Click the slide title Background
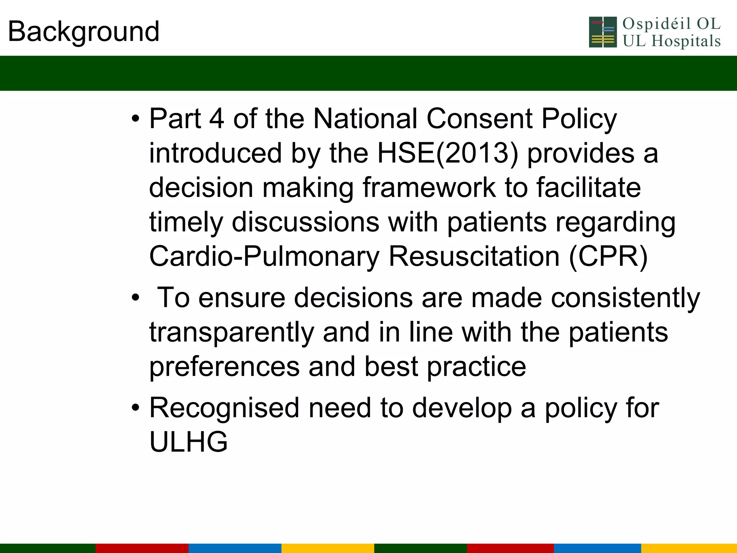click(x=83, y=32)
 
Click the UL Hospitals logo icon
click(x=603, y=32)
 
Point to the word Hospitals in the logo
click(x=686, y=41)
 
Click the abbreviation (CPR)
click(x=608, y=256)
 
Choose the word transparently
click(x=232, y=332)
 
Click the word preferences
click(x=225, y=367)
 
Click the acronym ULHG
click(x=189, y=442)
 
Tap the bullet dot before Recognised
click(x=135, y=408)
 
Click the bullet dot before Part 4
click(x=135, y=118)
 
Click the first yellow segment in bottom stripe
click(x=327, y=548)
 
